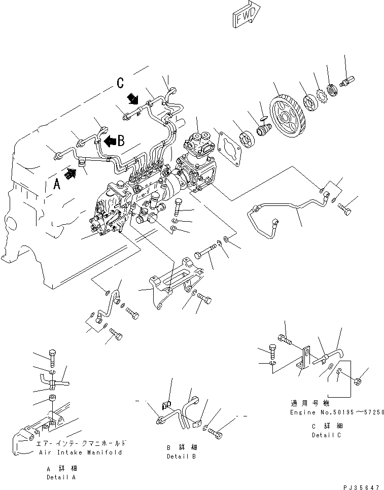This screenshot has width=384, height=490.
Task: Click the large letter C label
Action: click(x=120, y=83)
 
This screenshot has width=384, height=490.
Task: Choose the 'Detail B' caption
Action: click(x=182, y=456)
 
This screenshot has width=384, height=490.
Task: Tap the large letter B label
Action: click(x=122, y=142)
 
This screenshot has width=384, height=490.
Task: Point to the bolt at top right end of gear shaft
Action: click(x=349, y=80)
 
